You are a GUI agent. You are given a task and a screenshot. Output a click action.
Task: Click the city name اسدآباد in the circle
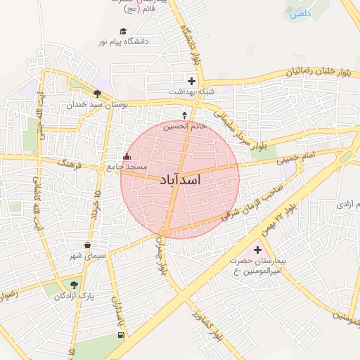pos(181,181)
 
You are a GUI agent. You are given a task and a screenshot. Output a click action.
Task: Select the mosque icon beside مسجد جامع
pos(127,157)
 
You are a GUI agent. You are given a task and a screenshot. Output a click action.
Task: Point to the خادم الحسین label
pos(185,126)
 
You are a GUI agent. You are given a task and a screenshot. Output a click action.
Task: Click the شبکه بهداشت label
pos(191,91)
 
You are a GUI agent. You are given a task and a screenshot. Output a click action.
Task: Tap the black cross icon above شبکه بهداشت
pos(191,80)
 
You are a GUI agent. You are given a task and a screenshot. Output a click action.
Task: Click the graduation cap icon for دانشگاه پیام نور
pos(124,32)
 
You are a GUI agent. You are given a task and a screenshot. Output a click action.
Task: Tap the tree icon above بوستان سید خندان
pos(96,93)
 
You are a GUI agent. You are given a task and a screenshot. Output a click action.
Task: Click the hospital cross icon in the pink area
pos(257,250)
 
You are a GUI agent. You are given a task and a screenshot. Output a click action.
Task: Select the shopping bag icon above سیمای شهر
pos(87,245)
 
